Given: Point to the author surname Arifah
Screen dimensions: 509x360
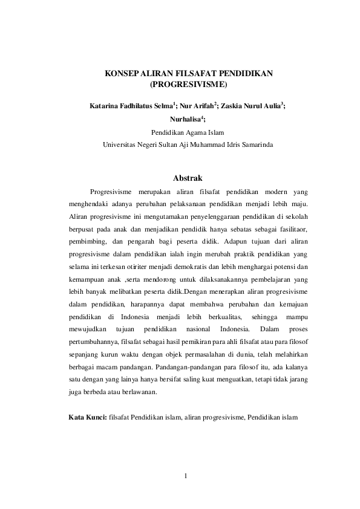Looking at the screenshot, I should [198, 106].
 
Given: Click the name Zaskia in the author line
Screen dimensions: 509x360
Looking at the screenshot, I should [234, 106].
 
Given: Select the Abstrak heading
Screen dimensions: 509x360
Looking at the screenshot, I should [188, 178].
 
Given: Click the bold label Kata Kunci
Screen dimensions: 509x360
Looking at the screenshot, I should [88, 417].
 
